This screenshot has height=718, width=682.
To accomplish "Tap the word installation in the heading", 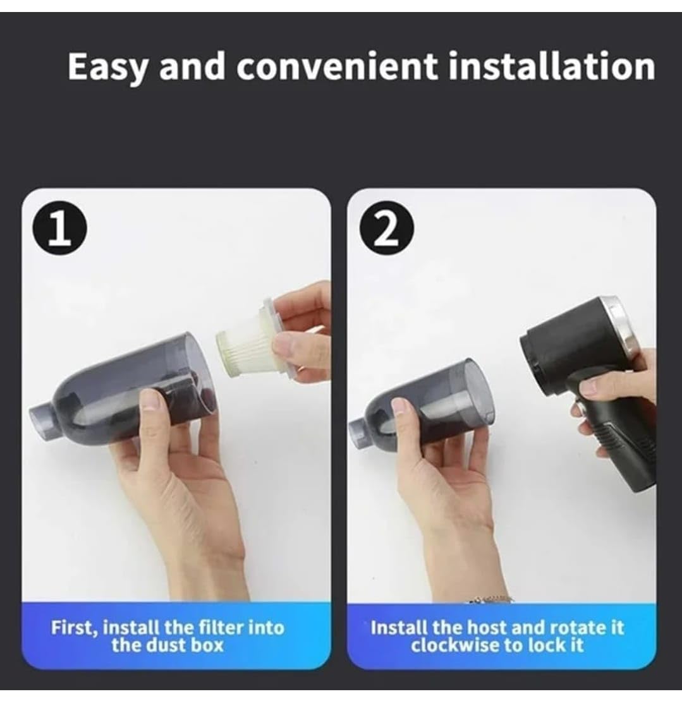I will pyautogui.click(x=551, y=66).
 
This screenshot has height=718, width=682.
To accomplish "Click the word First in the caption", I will pyautogui.click(x=73, y=628).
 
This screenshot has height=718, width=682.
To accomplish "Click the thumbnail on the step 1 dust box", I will pyautogui.click(x=150, y=400).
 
